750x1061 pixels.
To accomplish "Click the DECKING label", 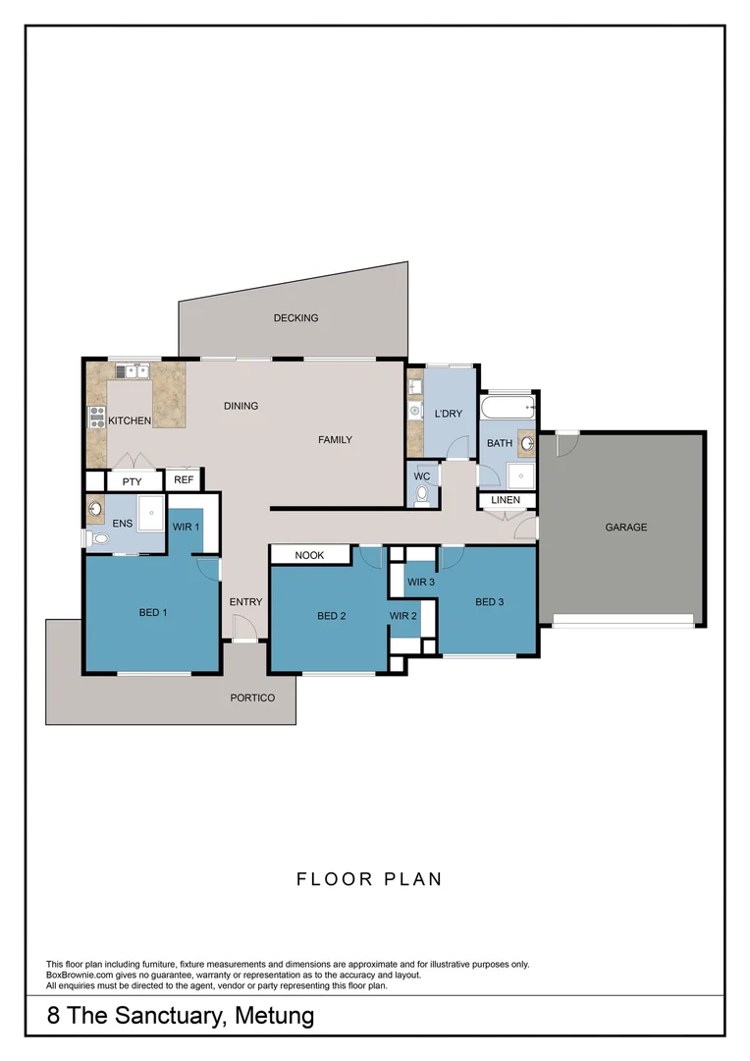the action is [295, 317].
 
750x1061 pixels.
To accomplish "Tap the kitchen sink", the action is [132, 371].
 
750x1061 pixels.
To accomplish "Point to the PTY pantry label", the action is [132, 481].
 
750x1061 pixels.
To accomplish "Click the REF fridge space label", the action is [184, 479].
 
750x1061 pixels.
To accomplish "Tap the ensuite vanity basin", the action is [95, 508].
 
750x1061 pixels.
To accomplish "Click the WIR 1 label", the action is [186, 527].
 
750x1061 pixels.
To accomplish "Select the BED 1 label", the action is [153, 612].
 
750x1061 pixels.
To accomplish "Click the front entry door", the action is [243, 627].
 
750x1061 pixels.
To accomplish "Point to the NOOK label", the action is [309, 555].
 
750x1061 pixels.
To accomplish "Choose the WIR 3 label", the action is [421, 582].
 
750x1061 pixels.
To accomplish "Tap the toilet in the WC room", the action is [423, 495].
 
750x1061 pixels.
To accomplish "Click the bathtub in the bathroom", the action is [508, 408].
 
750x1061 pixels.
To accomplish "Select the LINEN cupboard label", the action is [506, 500].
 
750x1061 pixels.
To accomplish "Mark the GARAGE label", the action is [625, 528].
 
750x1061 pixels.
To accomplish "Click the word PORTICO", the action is [252, 698].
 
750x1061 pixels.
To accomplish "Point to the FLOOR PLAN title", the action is [369, 879].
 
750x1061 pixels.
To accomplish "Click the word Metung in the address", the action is [275, 1016].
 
